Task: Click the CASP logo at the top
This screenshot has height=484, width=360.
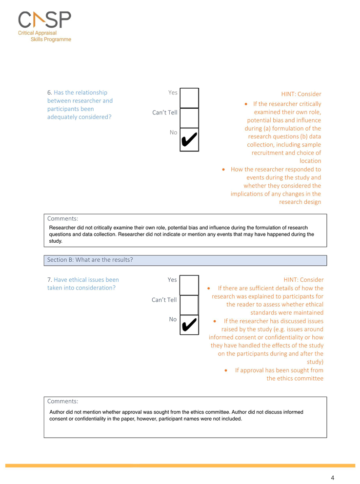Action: [44, 20]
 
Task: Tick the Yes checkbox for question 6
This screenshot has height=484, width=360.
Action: [189, 97]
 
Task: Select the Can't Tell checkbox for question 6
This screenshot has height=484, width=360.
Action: [189, 117]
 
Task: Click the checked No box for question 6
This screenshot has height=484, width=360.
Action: [189, 139]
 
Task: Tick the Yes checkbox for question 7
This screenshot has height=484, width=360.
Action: [189, 285]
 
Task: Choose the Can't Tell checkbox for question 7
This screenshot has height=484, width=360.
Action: [189, 305]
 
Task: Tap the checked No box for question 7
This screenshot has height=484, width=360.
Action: [189, 326]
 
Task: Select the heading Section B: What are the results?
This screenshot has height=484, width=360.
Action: [90, 260]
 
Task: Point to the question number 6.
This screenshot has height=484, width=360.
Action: [49, 93]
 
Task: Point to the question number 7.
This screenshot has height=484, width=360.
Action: [49, 280]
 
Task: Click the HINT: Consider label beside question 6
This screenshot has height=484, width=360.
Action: [301, 94]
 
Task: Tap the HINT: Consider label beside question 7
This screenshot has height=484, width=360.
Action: [303, 280]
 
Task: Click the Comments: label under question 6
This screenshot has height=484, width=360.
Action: [62, 219]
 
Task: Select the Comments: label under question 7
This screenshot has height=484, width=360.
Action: [62, 401]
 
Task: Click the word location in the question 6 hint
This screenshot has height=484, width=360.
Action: [310, 161]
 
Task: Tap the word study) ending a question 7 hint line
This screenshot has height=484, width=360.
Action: [315, 362]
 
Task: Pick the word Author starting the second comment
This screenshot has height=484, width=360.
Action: [59, 412]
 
